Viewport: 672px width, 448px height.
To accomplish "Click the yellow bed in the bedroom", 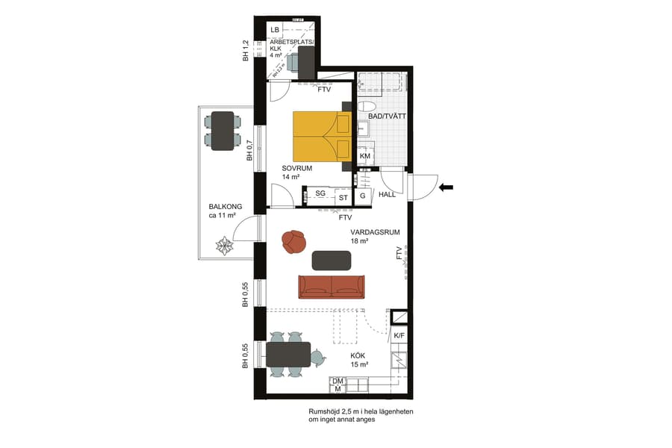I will click(321, 136).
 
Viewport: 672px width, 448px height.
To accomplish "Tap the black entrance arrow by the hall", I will click(447, 188).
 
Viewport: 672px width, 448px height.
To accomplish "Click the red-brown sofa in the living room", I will click(331, 286).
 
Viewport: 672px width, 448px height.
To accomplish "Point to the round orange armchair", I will click(294, 240).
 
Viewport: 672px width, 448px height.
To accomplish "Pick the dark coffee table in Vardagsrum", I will click(331, 260).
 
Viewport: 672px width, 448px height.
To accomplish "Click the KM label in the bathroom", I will click(364, 156).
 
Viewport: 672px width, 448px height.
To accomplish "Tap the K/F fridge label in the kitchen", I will click(399, 336).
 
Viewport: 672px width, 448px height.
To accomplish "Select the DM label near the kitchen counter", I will click(337, 381).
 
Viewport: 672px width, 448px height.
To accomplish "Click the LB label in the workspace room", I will click(275, 30).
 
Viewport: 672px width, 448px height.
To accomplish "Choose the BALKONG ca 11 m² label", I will click(223, 211).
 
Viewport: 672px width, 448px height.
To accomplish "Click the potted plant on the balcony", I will click(224, 244).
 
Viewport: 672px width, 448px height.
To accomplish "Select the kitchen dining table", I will click(288, 355).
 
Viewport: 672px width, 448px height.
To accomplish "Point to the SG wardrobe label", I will click(320, 193).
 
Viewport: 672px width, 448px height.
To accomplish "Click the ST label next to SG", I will click(343, 198).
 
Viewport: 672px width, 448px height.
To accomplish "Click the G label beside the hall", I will click(363, 195).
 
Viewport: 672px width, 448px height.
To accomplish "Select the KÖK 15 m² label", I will click(359, 360).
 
